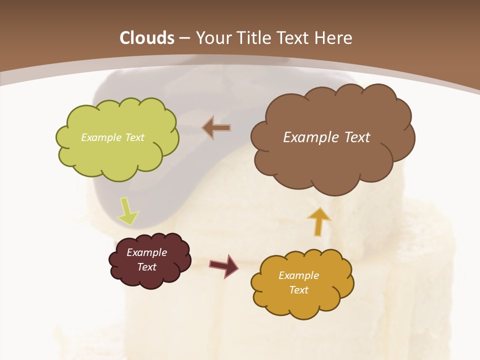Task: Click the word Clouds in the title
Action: click(147, 38)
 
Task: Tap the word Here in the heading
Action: click(334, 38)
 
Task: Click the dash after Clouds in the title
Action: click(184, 38)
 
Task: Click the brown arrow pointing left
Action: click(216, 128)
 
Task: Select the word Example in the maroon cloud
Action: click(146, 252)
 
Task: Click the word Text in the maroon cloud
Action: click(146, 267)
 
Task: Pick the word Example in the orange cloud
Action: click(298, 275)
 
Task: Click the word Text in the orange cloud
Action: click(298, 290)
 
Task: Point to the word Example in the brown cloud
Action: click(309, 137)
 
